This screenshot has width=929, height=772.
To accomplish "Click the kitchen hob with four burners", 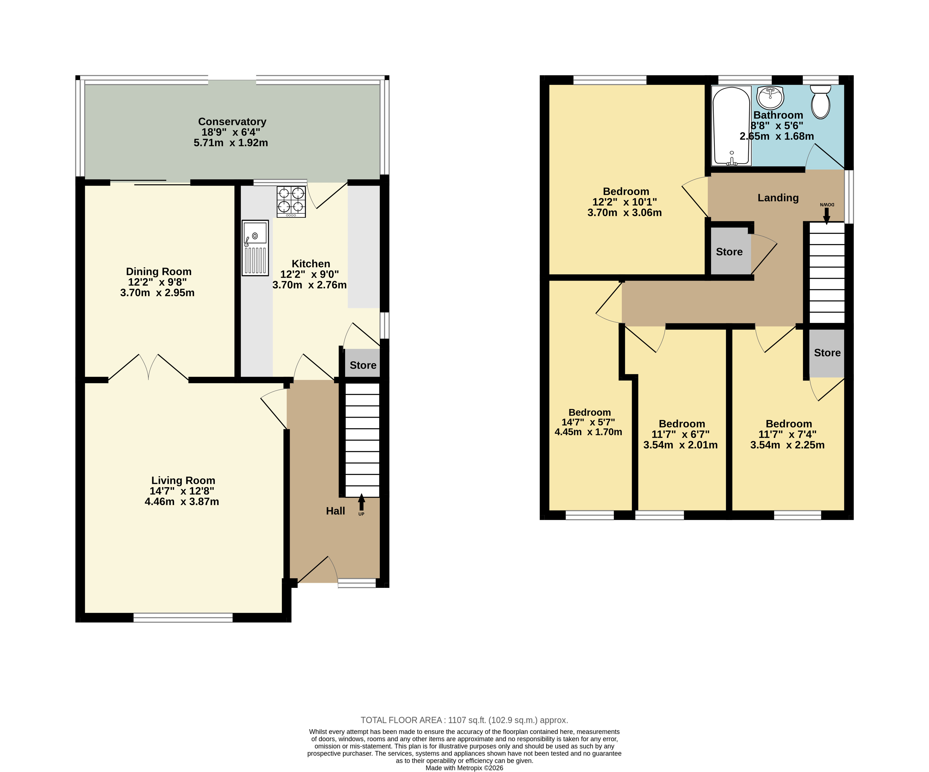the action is pos(291,202).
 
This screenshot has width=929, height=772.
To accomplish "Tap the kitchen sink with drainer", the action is pos(255,248).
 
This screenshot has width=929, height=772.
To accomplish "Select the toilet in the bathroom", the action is pos(821,102).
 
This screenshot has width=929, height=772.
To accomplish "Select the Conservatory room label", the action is pos(232,122).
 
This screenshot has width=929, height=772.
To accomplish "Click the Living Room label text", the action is pos(183,481).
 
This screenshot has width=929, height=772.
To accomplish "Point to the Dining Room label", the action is pos(159,272).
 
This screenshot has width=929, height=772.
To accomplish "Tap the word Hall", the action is pos(335,511).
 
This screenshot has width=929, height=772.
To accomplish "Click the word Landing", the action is pos(778,198).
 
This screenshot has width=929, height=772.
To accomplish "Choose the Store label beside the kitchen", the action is pos(363,365).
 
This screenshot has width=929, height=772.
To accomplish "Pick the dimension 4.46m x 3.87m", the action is pos(182,502).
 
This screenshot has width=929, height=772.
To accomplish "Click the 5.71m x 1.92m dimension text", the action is pos(231,143).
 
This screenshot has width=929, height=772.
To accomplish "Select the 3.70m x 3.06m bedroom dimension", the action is pos(625,213).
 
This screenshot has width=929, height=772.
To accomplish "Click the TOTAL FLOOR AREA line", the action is pos(464,720).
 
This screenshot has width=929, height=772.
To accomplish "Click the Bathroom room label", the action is pos(778,115).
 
